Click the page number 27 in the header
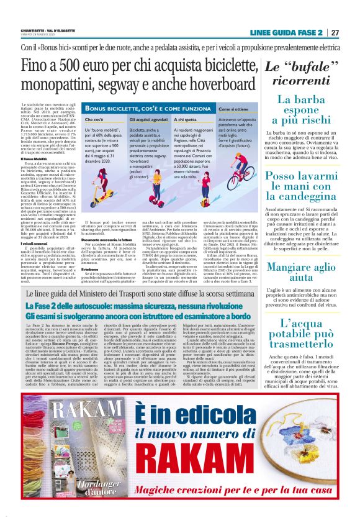pyautogui.click(x=335, y=32)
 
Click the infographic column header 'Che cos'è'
pyautogui.click(x=95, y=118)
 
